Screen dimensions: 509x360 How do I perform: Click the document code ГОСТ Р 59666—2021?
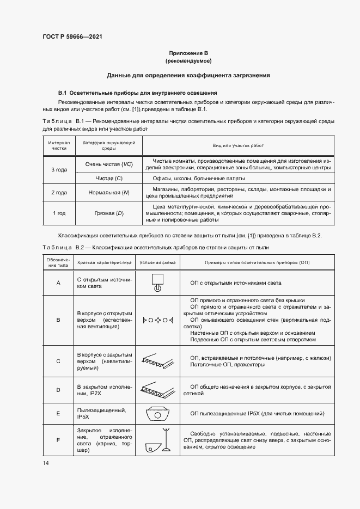pyautogui.click(x=72, y=36)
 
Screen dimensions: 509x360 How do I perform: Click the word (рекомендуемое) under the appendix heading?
pyautogui.click(x=188, y=61)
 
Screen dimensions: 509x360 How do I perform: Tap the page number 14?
pyautogui.click(x=45, y=463)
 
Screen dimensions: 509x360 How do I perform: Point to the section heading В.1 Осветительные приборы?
pyautogui.click(x=138, y=93)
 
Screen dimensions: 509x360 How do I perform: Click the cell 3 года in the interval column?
pyautogui.click(x=59, y=170)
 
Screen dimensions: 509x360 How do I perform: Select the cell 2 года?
pyautogui.click(x=59, y=192)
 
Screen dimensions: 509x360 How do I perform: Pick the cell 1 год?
pyautogui.click(x=59, y=213)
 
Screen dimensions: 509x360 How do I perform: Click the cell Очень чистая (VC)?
pyautogui.click(x=109, y=164)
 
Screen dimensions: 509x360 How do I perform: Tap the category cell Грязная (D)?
pyautogui.click(x=109, y=213)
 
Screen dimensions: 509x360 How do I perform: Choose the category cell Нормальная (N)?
pyautogui.click(x=109, y=192)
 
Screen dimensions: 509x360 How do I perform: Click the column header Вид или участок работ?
pyautogui.click(x=237, y=146)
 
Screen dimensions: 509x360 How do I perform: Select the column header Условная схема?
pyautogui.click(x=157, y=262)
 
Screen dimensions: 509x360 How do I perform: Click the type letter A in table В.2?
pyautogui.click(x=58, y=283)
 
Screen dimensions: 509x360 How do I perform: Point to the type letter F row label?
pyautogui.click(x=58, y=440)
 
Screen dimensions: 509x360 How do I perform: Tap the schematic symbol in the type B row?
pyautogui.click(x=157, y=320)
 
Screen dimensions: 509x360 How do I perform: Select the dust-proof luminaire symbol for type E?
pyautogui.click(x=157, y=413)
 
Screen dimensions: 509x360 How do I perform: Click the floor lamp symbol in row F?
pyautogui.click(x=157, y=440)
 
